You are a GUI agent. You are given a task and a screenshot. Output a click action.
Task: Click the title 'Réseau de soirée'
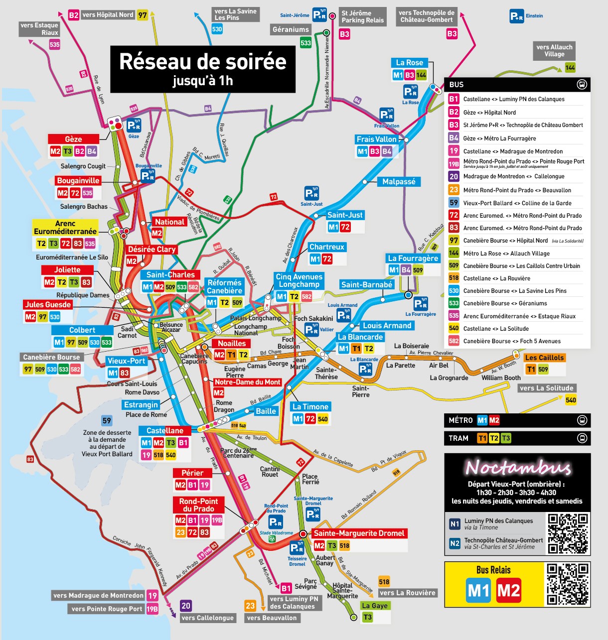point(203,61)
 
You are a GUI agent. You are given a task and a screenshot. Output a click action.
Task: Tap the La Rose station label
point(409,63)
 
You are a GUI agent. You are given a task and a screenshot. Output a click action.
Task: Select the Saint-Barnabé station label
point(367,284)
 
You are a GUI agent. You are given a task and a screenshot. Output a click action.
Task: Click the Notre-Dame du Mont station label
point(248,382)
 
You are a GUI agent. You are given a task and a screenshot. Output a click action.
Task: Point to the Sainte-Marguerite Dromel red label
point(359,533)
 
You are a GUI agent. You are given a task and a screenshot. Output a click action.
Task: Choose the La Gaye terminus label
point(375,606)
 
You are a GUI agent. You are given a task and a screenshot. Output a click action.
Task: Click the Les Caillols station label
point(544,358)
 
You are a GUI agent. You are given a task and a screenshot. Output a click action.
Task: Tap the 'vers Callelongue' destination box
point(207,618)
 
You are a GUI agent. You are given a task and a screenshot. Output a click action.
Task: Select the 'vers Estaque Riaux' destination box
point(39,29)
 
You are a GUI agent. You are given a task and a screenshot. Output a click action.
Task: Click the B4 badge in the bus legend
point(454,138)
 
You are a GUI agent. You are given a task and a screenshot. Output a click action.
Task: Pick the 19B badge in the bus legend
point(454,163)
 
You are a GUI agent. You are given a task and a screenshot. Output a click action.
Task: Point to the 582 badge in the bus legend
point(454,341)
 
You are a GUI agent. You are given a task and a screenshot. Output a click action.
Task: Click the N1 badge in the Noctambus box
point(455,524)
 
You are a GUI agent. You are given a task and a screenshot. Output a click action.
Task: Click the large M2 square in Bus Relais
point(508,590)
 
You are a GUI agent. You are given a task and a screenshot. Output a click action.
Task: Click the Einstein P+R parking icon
point(517,16)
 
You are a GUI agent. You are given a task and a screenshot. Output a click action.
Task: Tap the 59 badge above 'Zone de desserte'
point(107,420)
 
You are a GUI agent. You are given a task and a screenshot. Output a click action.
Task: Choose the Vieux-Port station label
point(126,361)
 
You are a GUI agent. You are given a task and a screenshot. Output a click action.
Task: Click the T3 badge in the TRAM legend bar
point(506,438)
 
